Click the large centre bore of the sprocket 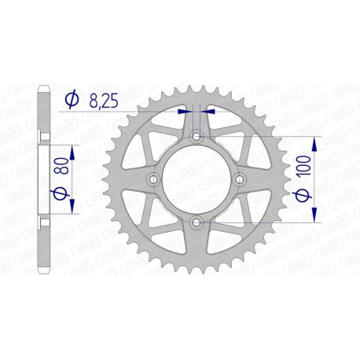pos(195,182)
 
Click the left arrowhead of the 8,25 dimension pos(186,112)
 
